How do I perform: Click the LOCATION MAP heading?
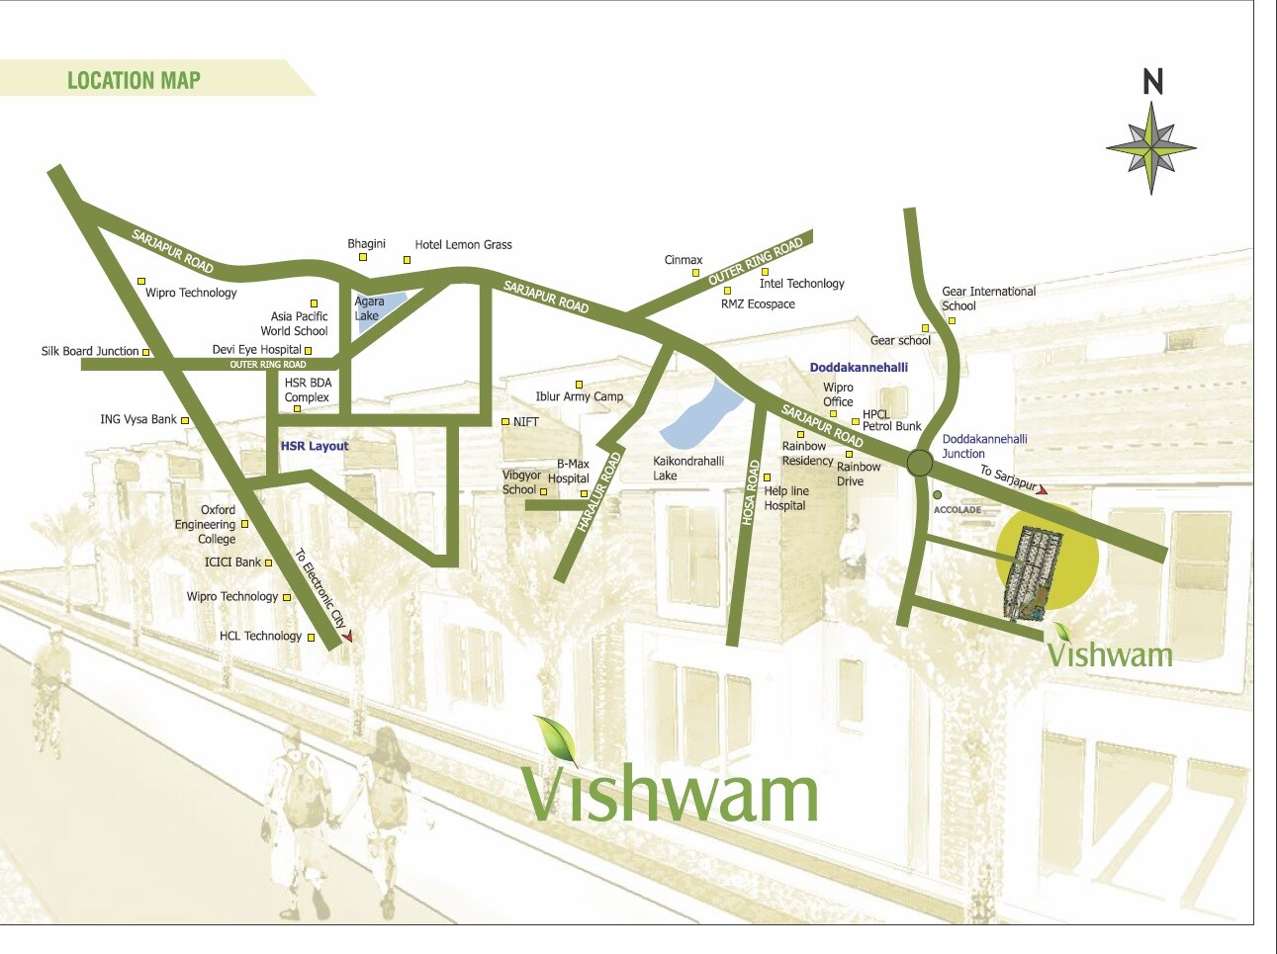point(134,80)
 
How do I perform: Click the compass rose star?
point(1151,149)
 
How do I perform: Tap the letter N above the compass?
point(1152,82)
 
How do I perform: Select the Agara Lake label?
point(369,308)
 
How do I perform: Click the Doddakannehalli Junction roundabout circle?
point(920,463)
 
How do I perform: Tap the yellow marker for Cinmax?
point(695,273)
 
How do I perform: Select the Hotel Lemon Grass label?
point(463,244)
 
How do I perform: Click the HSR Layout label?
point(315,446)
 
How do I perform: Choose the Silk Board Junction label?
point(90,351)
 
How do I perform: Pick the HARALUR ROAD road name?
point(598,492)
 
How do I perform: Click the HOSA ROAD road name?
point(751,491)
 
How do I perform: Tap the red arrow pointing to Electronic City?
point(346,637)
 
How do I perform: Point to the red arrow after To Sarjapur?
point(1042,489)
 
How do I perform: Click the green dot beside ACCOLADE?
point(938,494)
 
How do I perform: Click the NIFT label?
point(525,422)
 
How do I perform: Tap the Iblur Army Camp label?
point(579,396)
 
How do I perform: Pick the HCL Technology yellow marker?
point(311,638)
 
